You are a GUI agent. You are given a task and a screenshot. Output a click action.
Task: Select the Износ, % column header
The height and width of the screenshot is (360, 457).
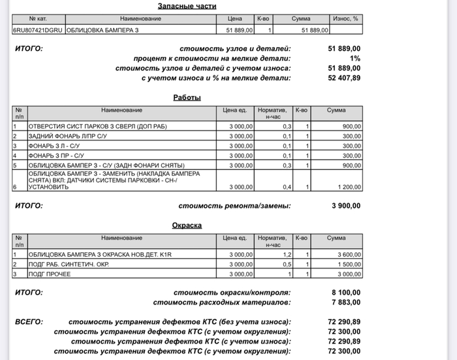click(x=345, y=19)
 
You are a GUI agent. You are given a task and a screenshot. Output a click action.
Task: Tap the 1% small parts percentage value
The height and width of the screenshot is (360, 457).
click(x=355, y=58)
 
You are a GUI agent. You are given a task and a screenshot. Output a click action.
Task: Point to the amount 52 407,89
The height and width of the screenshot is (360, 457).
click(x=343, y=78)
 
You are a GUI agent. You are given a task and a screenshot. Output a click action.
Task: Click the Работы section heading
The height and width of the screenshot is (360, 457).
click(x=187, y=97)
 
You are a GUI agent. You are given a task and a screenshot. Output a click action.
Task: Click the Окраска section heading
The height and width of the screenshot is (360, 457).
click(x=187, y=225)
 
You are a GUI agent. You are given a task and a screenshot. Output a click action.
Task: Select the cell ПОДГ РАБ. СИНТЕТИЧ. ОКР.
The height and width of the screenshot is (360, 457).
click(x=69, y=264)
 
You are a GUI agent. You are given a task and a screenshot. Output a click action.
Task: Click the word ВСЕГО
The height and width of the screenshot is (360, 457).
click(x=29, y=322)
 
